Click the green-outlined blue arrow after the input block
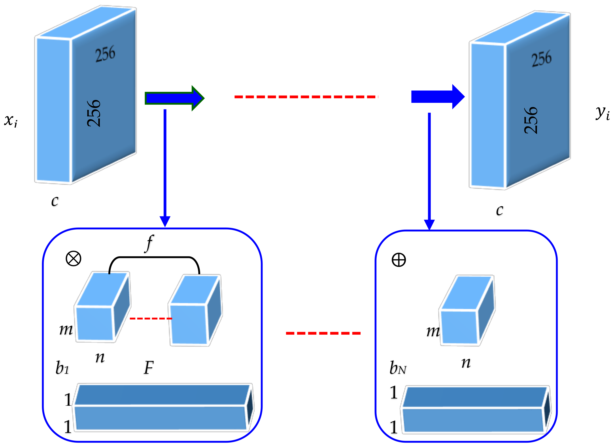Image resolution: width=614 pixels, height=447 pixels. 174,98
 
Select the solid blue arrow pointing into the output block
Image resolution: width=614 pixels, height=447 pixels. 437,97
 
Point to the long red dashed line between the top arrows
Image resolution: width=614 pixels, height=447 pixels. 306,97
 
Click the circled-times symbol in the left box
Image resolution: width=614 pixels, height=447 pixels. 73,258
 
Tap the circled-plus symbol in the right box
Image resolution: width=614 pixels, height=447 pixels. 399,260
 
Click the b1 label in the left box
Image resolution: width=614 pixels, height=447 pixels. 62,368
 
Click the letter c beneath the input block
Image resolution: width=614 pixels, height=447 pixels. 55,201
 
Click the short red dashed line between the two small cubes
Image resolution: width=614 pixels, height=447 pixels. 151,318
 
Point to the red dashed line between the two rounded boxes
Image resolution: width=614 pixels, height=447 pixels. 323,333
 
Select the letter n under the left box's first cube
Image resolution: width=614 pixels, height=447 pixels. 100,357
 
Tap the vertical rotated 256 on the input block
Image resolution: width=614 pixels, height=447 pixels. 94,113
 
